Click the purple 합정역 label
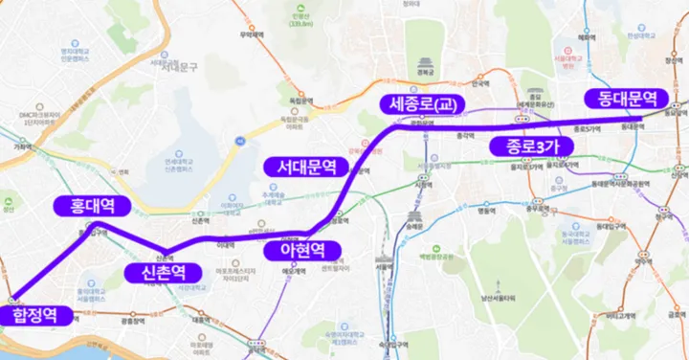point(35,315)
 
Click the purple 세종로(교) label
point(419,103)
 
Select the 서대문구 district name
point(177,65)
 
